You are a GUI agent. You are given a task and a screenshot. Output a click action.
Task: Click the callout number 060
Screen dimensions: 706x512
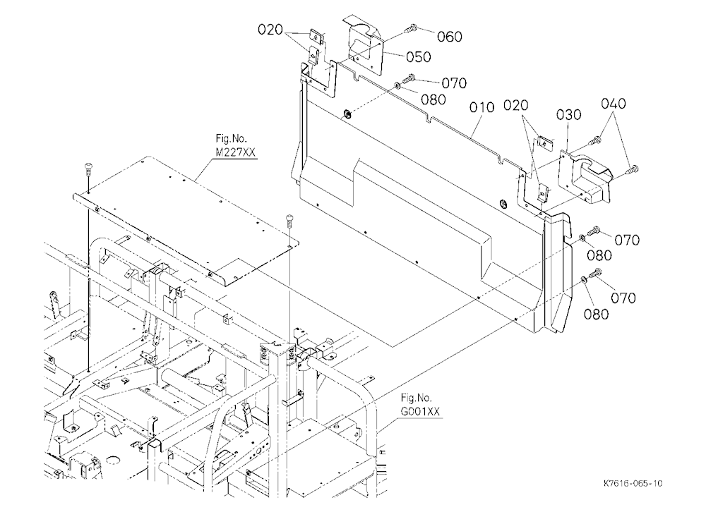450,37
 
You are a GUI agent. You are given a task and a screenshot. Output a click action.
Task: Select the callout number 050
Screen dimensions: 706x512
418,57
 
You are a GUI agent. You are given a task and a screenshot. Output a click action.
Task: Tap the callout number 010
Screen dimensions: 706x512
481,107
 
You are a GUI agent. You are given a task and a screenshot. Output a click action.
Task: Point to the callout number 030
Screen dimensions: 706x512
568,115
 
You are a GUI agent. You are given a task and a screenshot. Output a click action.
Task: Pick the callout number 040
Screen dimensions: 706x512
614,104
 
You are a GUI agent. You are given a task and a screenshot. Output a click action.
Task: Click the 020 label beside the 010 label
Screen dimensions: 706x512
515,106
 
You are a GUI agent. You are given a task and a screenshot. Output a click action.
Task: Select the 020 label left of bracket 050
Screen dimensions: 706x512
270,30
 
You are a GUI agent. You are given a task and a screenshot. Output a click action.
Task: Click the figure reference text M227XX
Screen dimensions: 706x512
235,152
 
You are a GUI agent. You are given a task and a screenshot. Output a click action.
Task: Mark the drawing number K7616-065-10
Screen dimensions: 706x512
633,484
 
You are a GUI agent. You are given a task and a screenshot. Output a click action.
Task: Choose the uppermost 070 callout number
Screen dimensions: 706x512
454,83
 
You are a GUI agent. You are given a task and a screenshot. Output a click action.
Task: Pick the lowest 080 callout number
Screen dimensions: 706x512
596,314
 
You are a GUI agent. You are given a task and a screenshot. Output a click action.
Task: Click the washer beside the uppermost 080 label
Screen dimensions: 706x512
397,85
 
